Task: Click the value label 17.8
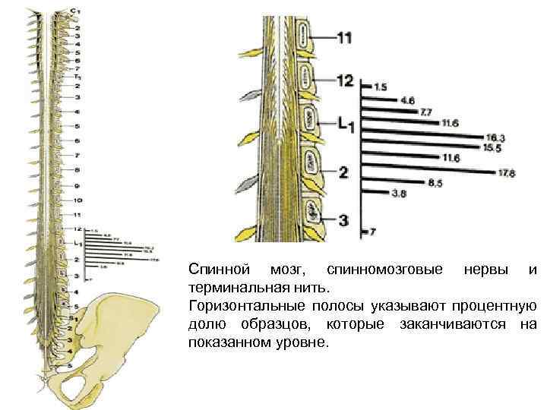coord(507,173)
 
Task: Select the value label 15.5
coord(493,147)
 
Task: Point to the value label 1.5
coord(381,87)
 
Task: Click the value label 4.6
coord(407,99)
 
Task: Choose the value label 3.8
coord(399,194)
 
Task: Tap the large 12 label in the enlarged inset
coord(345,80)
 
